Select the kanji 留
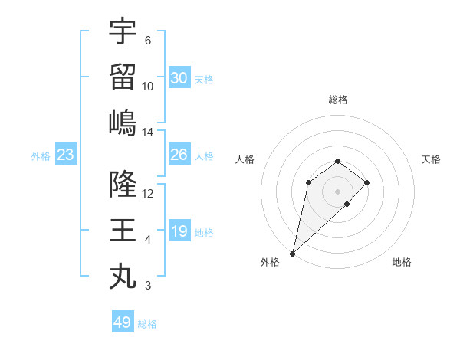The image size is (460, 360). pos(123,77)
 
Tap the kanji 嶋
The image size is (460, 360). pos(123,123)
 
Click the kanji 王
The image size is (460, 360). pos(123,231)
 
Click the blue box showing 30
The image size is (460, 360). pos(179,77)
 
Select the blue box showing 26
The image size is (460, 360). pos(179,155)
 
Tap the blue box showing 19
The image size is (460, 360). pos(179,231)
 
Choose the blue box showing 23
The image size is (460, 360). pos(66,155)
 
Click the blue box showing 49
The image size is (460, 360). pos(123,322)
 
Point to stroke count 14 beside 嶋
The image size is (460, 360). pos(148,133)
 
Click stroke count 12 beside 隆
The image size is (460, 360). pos(148,194)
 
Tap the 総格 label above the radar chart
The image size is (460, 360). pos(337,100)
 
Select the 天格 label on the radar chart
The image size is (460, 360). pos(431,159)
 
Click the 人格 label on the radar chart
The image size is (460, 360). pos(245,159)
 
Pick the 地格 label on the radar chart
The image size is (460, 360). pos(402,262)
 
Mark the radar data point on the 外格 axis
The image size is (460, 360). pos(292,254)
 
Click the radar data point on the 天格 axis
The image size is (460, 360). pos(367,182)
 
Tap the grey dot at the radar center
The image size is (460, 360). pos(337,191)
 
